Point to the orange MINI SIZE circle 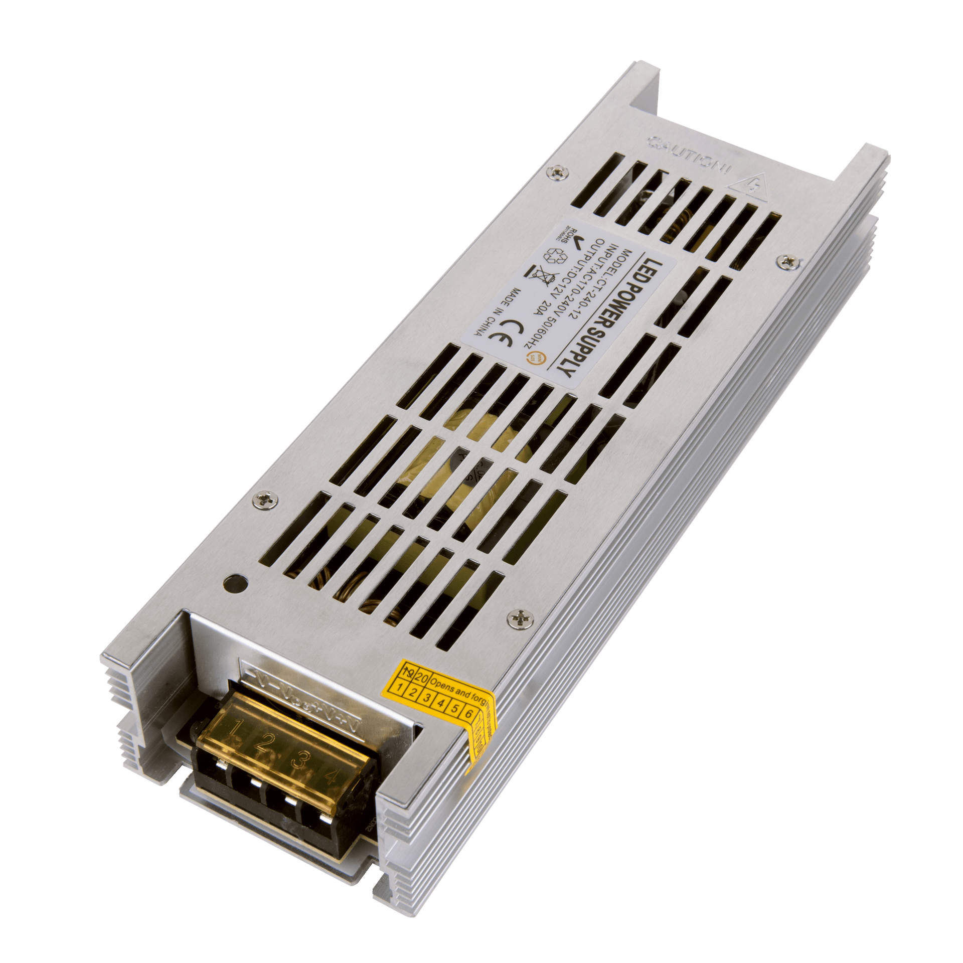pyautogui.click(x=529, y=358)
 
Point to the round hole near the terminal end pyautogui.click(x=235, y=583)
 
